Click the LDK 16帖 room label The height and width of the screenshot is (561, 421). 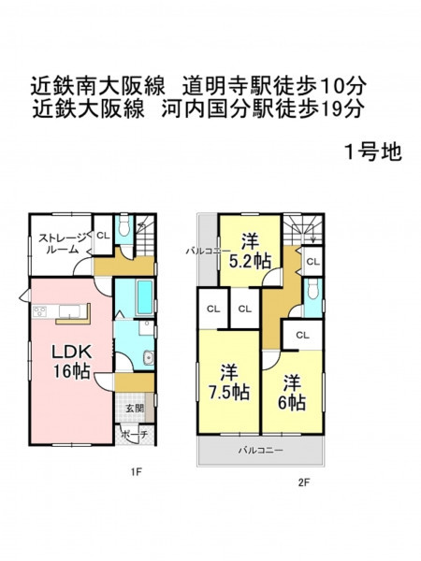[71, 361]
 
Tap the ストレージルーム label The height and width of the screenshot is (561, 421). [63, 243]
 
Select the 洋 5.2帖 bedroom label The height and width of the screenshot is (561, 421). [250, 251]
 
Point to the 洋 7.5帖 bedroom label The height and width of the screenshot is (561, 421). [229, 381]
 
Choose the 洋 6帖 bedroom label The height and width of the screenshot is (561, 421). [292, 393]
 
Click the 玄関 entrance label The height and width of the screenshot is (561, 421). [135, 409]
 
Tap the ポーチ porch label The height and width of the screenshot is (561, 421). [134, 435]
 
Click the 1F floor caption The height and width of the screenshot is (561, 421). [136, 472]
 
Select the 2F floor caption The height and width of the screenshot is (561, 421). [303, 483]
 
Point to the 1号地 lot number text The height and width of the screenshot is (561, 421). [372, 152]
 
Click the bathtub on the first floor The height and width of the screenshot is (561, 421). [145, 297]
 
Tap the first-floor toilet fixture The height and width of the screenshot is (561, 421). [124, 225]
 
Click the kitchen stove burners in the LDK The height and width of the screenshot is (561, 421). [39, 311]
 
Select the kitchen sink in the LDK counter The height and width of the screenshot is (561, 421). [69, 311]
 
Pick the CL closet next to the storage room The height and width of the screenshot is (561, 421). [103, 236]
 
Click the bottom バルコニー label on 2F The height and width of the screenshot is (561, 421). [261, 450]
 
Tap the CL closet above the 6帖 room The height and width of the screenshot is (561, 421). [302, 336]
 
